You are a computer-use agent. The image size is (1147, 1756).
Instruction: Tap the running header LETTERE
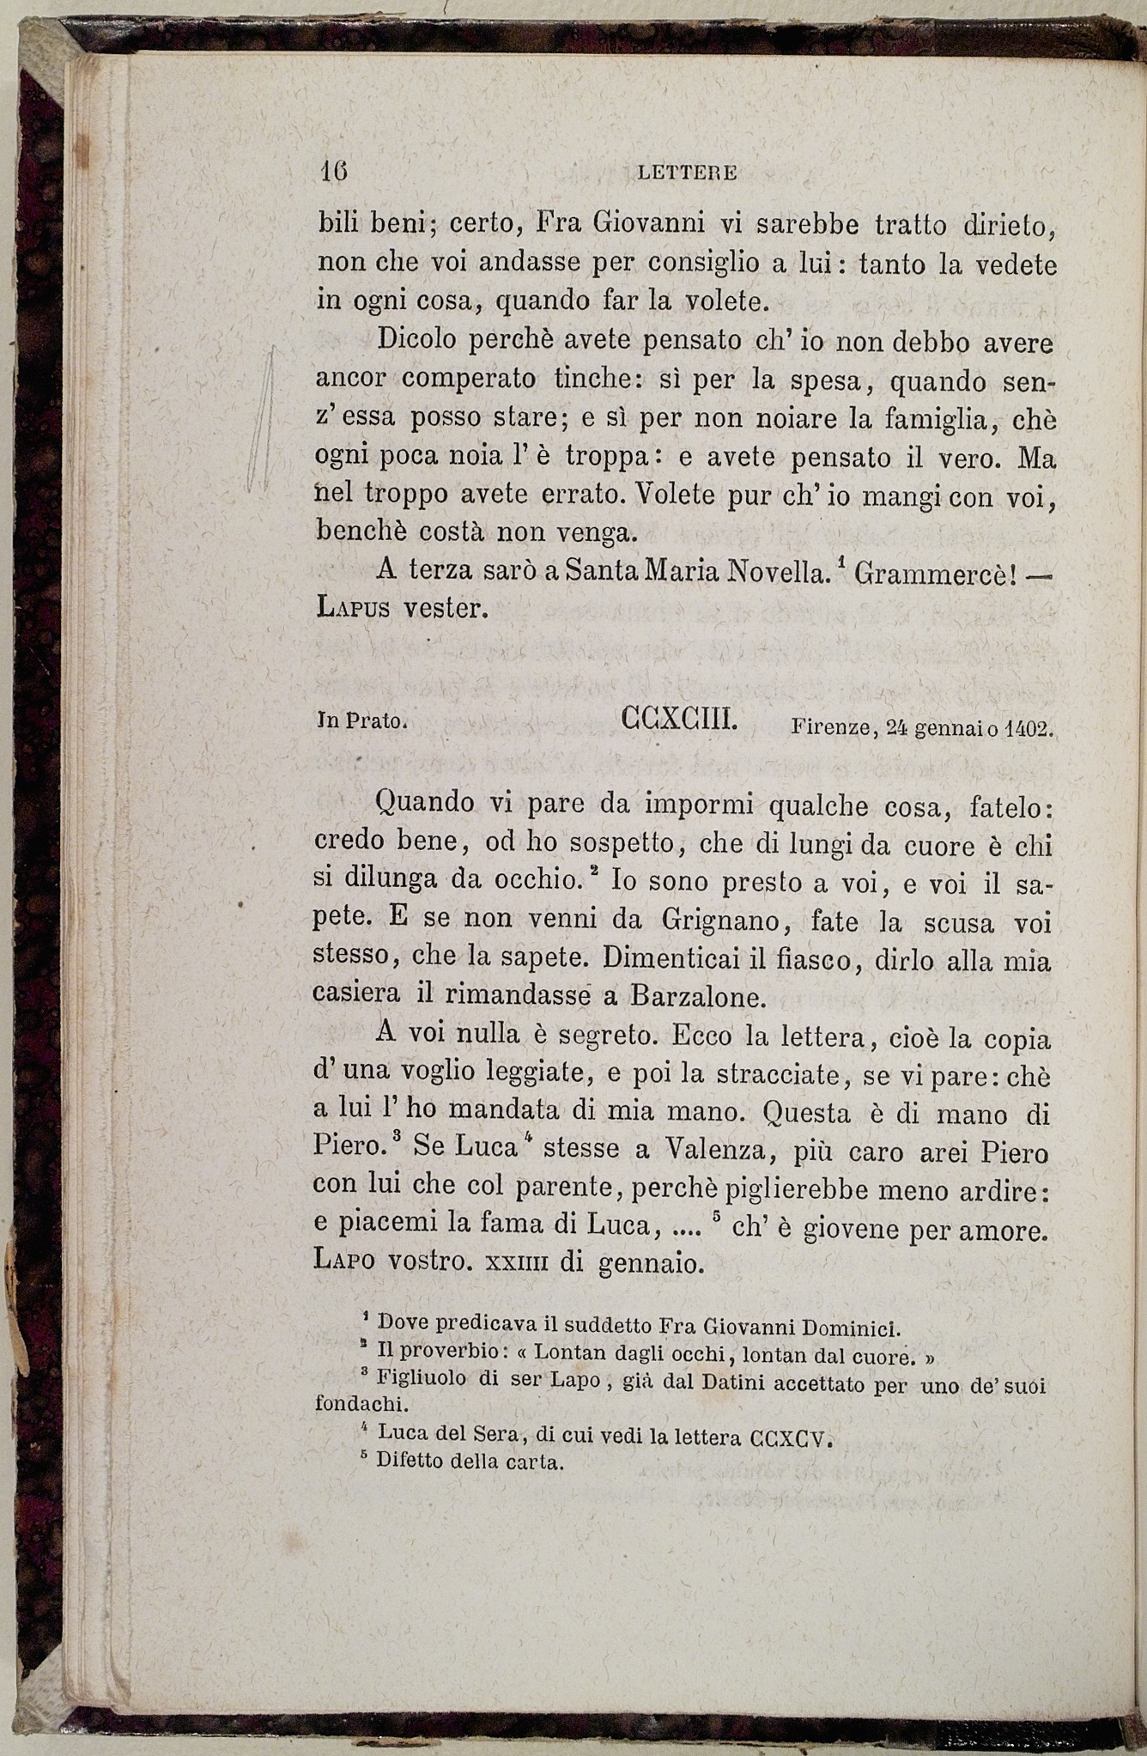coord(688,173)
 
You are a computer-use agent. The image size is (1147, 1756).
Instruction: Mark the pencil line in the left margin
coord(261,421)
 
